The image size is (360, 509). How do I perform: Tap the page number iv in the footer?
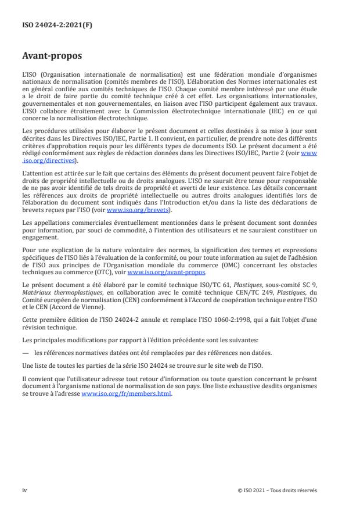click(24, 490)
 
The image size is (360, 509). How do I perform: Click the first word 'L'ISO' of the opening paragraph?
click(29, 76)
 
